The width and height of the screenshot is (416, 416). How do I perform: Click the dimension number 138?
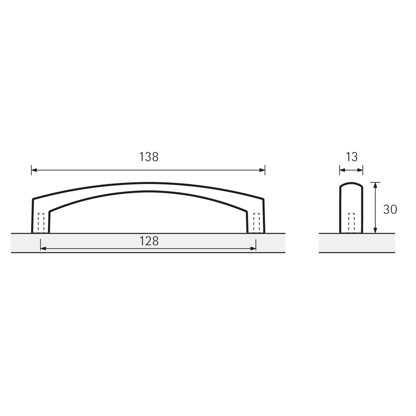click(149, 157)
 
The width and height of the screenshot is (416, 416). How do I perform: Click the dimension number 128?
click(149, 241)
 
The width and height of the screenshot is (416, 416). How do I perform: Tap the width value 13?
click(352, 157)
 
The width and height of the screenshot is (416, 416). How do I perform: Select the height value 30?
click(390, 209)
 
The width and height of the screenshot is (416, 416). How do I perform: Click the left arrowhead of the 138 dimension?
click(34, 170)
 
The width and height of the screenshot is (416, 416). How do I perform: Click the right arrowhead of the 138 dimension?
click(262, 170)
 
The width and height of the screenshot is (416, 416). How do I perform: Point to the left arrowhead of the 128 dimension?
click(43, 248)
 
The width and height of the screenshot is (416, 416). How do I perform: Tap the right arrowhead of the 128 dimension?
click(253, 248)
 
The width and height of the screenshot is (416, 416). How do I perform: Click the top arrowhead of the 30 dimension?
click(375, 185)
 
